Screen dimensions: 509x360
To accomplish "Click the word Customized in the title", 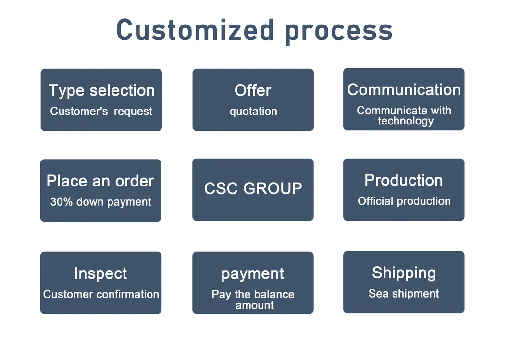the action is (195, 30).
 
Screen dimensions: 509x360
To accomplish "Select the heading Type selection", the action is (101, 90).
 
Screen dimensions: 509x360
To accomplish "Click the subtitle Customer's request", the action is (101, 112).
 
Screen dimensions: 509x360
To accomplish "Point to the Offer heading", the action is (252, 90).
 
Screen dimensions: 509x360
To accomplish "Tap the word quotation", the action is (253, 112).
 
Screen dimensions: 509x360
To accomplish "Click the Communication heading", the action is (404, 89).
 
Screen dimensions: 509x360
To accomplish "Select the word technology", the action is (406, 121).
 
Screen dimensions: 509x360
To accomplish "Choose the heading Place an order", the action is (100, 181).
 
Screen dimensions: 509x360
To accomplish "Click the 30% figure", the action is (62, 201).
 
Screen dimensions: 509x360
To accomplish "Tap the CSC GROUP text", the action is (253, 188).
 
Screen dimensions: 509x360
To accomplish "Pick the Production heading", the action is (404, 180).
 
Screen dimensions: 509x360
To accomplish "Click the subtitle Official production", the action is (404, 201).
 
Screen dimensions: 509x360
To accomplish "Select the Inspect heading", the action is (100, 273).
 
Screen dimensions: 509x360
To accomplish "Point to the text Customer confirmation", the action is (101, 294).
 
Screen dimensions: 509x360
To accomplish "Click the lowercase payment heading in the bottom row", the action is (252, 274).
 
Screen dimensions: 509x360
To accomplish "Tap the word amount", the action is (255, 305).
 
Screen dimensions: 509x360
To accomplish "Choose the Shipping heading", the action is (404, 273).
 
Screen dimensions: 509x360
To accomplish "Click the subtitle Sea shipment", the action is (404, 294).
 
